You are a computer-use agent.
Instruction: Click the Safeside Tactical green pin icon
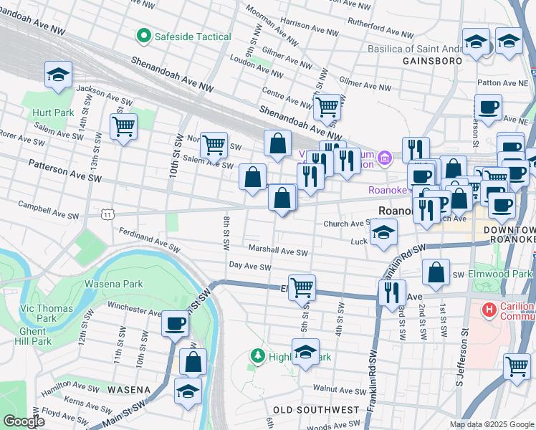point(143,36)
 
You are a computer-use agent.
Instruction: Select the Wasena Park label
point(114,284)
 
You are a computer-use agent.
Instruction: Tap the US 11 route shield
point(107,214)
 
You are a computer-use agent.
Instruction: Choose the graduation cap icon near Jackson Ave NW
point(59,74)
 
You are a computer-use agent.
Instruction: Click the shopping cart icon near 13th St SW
point(124,127)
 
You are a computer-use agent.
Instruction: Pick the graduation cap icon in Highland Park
point(305,351)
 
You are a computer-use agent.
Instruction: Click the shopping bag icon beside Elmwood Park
point(436,272)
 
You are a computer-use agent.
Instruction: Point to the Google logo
point(24,421)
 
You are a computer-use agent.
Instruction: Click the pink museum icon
point(384,157)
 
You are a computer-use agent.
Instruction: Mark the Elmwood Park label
point(506,274)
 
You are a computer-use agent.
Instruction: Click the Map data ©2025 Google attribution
point(491,424)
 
